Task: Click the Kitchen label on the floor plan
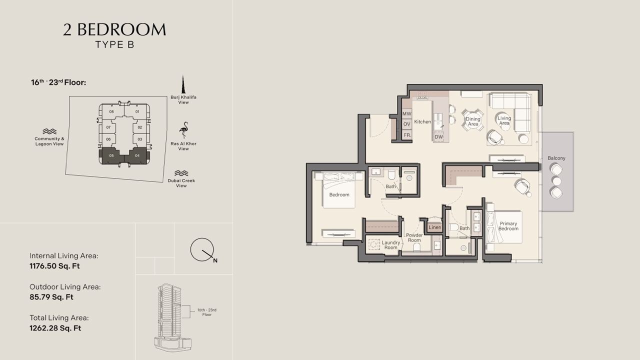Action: pos(422,121)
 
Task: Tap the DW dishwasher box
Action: pos(438,137)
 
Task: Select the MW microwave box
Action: pos(407,113)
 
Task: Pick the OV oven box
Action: pos(407,124)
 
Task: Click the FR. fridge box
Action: pos(407,134)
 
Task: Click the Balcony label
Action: pos(556,158)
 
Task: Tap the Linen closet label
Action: pos(434,227)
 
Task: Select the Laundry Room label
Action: pos(390,245)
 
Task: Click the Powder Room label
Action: pos(414,237)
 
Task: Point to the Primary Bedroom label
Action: pos(508,226)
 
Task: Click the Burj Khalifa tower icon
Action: pos(183,84)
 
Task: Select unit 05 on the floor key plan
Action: pos(111,155)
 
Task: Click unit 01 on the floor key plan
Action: pos(137,111)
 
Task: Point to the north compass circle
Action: pos(201,249)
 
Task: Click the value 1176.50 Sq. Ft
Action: pos(54,266)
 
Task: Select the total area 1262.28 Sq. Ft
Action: pos(55,328)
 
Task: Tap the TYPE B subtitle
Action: pos(114,44)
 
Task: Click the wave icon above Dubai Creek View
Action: pos(181,173)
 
